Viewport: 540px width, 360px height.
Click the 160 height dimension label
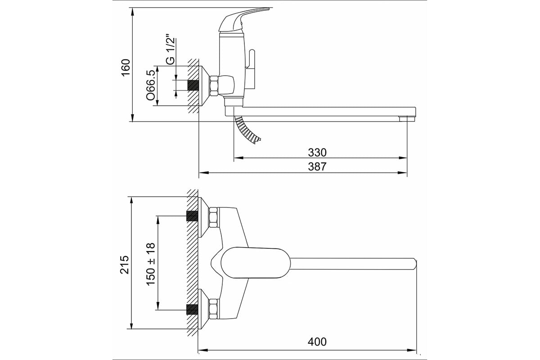click(x=126, y=67)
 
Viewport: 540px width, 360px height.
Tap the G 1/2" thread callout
click(x=170, y=51)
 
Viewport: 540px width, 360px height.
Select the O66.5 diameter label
click(x=150, y=85)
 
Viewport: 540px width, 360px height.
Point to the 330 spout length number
click(x=317, y=153)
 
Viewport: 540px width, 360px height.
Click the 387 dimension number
click(x=317, y=166)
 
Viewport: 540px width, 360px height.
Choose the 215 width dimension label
click(x=125, y=265)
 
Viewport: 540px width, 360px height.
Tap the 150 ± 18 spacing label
click(x=151, y=264)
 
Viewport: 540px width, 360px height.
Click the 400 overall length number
click(x=317, y=342)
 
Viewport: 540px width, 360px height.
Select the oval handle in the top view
click(x=256, y=263)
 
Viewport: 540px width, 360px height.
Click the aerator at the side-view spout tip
click(x=407, y=119)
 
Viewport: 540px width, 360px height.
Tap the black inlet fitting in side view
click(x=193, y=85)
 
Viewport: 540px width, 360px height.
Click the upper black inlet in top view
click(x=192, y=216)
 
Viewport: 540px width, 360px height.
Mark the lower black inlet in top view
click(x=192, y=309)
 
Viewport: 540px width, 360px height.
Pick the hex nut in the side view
click(x=214, y=85)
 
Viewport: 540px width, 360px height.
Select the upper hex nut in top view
click(x=214, y=217)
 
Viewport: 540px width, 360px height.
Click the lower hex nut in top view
click(x=214, y=309)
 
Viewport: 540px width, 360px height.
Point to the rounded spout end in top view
click(x=414, y=264)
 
